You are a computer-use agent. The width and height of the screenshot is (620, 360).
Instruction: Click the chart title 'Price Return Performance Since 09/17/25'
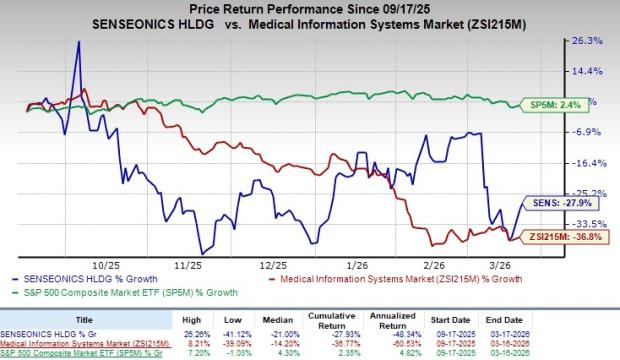click(310, 9)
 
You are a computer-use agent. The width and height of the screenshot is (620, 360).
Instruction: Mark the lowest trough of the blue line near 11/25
click(202, 253)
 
